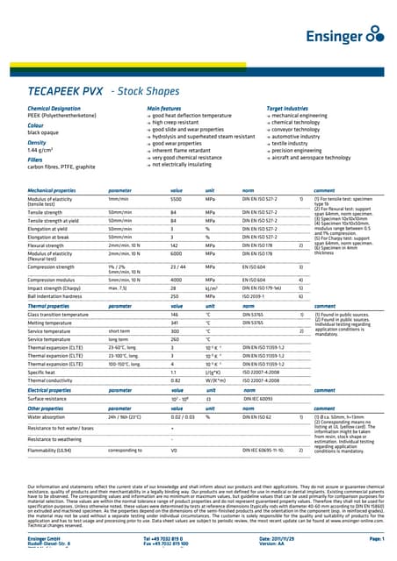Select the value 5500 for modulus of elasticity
(x=176, y=200)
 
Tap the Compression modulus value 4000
(x=177, y=279)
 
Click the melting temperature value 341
(x=174, y=322)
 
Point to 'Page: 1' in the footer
(x=372, y=537)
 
